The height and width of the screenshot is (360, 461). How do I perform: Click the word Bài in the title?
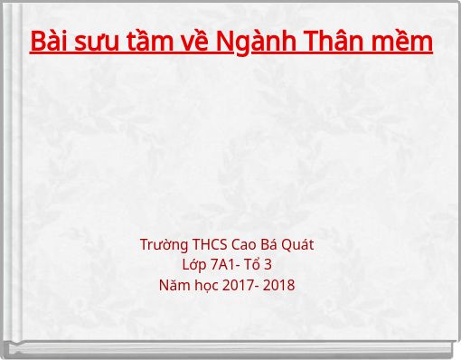(x=49, y=42)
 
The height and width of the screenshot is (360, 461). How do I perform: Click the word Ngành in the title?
(x=265, y=42)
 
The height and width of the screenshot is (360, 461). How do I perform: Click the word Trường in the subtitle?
(x=164, y=245)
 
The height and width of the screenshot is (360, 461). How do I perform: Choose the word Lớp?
(x=193, y=265)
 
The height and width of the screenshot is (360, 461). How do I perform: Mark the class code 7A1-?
(x=226, y=265)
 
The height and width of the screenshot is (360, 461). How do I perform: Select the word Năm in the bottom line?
(x=174, y=286)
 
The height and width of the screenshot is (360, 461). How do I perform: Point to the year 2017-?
(x=240, y=286)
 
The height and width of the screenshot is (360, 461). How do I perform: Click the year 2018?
(x=279, y=286)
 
